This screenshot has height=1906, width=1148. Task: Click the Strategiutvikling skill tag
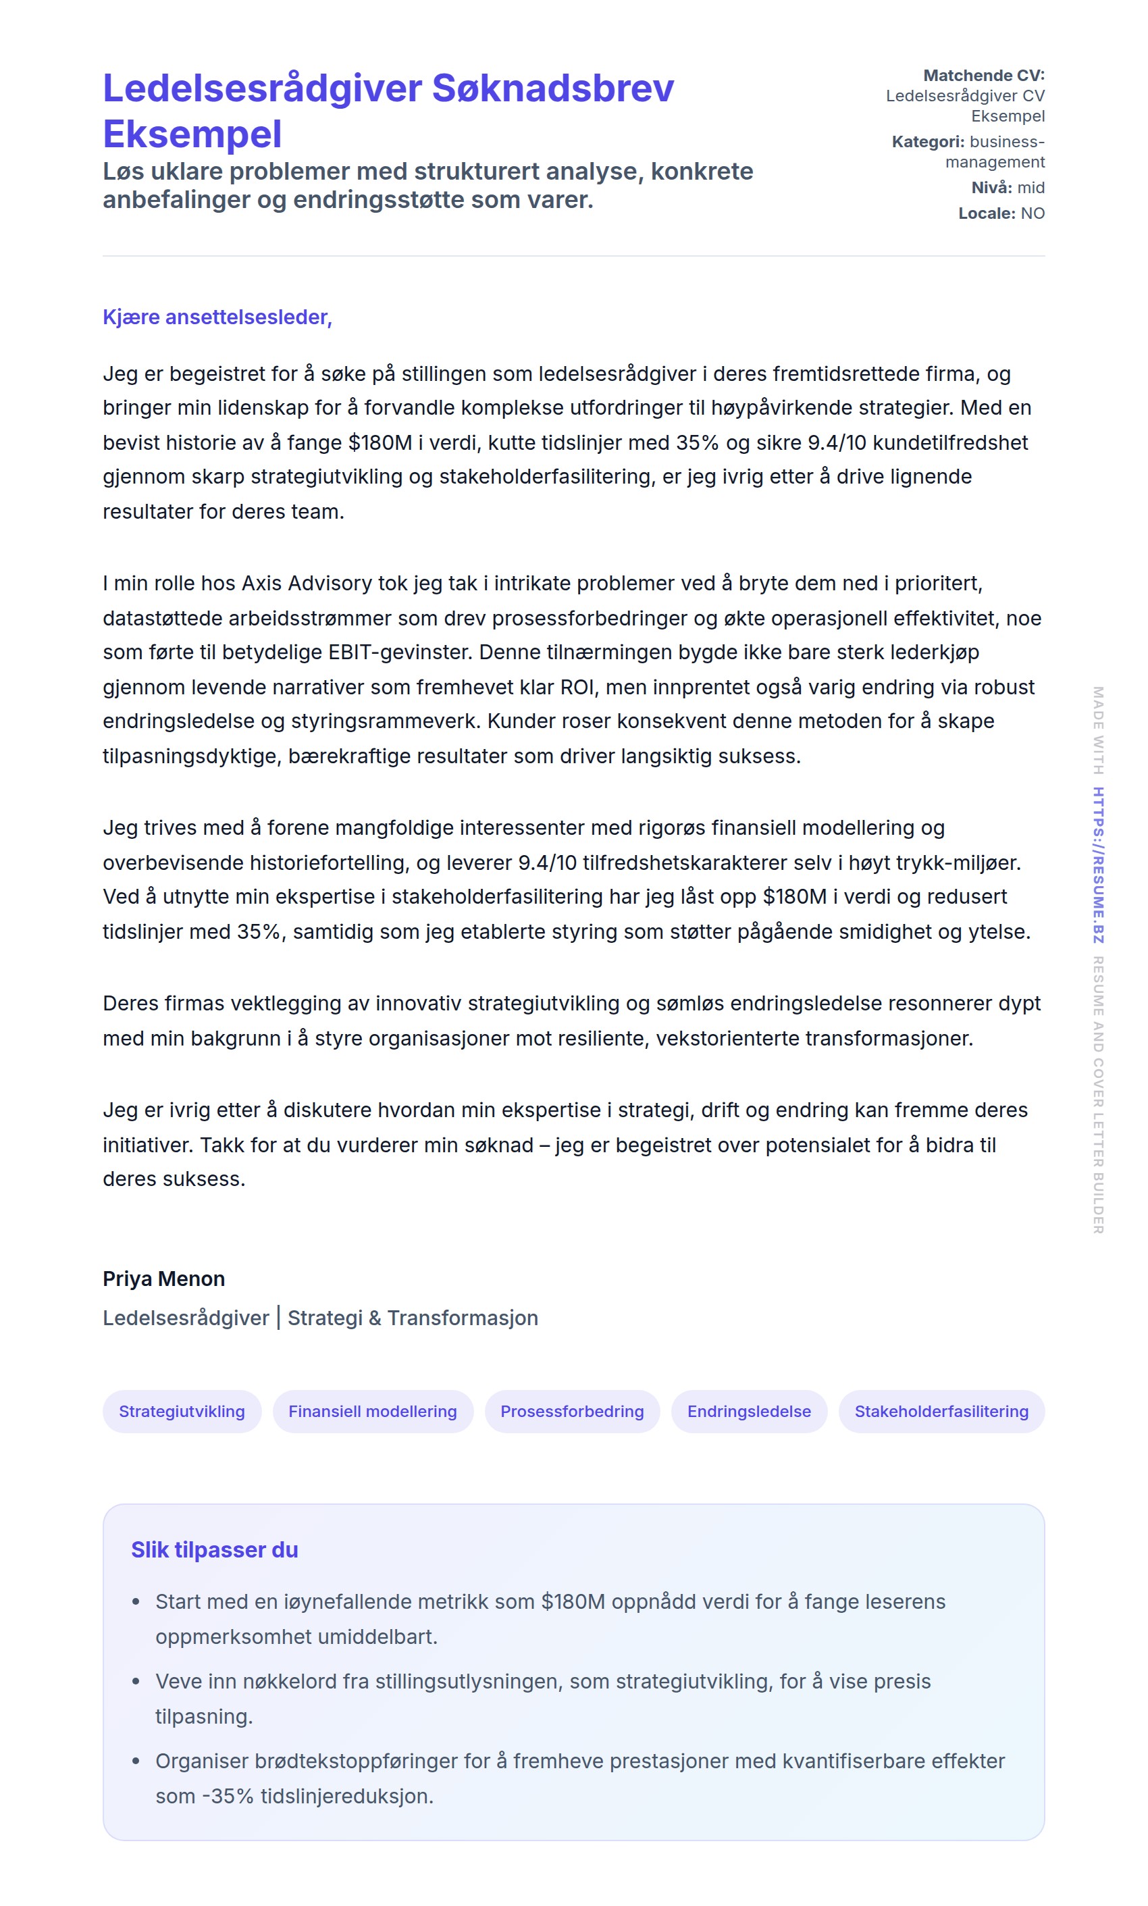click(x=182, y=1411)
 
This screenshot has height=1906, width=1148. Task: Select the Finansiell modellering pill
click(x=372, y=1411)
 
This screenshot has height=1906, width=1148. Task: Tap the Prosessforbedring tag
click(x=572, y=1411)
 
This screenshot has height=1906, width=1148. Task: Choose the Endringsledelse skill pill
click(x=749, y=1411)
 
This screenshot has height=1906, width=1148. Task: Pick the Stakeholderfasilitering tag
click(x=941, y=1411)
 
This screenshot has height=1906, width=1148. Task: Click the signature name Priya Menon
click(x=164, y=1279)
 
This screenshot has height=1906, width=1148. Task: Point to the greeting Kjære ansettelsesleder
click(x=217, y=317)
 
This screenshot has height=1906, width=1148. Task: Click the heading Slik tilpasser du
click(x=214, y=1549)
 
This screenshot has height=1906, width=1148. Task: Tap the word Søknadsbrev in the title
click(x=552, y=88)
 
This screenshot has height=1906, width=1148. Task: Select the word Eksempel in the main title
click(x=192, y=134)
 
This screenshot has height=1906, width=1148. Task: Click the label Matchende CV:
click(x=983, y=75)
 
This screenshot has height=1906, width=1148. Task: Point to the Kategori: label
click(x=928, y=142)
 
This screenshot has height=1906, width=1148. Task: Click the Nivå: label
click(x=991, y=187)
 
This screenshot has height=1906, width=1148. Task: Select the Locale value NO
click(x=1032, y=213)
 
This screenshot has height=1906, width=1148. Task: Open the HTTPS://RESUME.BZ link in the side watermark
click(x=1098, y=865)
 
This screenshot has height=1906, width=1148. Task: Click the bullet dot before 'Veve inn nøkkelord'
click(x=136, y=1682)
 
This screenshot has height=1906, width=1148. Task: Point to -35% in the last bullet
click(x=228, y=1796)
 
